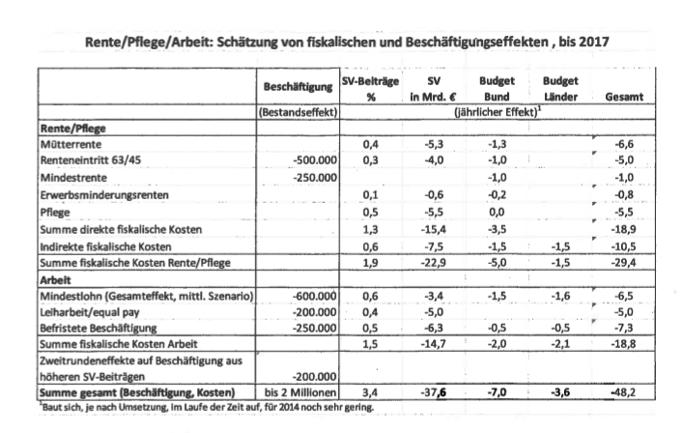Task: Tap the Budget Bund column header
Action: [x=495, y=88]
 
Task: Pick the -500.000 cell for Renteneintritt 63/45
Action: [x=308, y=160]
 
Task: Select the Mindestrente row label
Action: [x=72, y=178]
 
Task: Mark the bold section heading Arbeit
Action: [x=55, y=278]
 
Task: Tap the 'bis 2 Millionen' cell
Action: [x=298, y=394]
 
